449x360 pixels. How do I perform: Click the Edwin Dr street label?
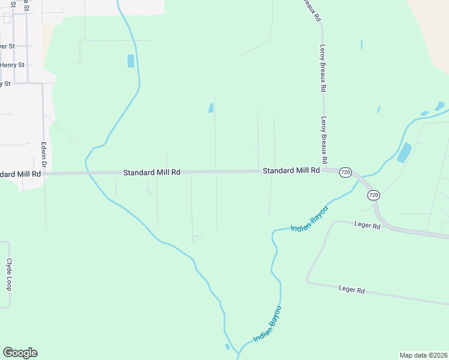click(x=43, y=155)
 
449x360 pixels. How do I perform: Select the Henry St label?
click(x=12, y=65)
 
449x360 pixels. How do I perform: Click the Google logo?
click(x=20, y=353)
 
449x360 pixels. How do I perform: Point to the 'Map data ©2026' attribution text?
click(x=424, y=355)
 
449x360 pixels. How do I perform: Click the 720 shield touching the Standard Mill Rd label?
click(x=345, y=172)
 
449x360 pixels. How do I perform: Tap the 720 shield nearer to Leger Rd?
click(x=373, y=195)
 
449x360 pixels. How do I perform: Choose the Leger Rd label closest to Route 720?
click(x=368, y=227)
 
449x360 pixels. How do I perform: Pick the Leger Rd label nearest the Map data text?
click(x=352, y=290)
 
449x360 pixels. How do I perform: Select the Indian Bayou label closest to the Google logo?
click(x=267, y=325)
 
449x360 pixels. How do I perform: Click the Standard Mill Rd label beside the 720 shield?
click(x=291, y=171)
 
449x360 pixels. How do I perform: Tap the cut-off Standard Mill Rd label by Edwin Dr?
click(x=20, y=174)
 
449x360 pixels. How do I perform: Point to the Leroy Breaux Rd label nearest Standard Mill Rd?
click(x=324, y=140)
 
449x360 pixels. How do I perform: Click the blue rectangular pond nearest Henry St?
click(x=131, y=61)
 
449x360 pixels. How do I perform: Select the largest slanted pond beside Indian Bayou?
click(x=404, y=152)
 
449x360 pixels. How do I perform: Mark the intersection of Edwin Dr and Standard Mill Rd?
click(x=44, y=173)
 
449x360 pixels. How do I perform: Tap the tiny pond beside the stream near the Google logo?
click(x=227, y=346)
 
